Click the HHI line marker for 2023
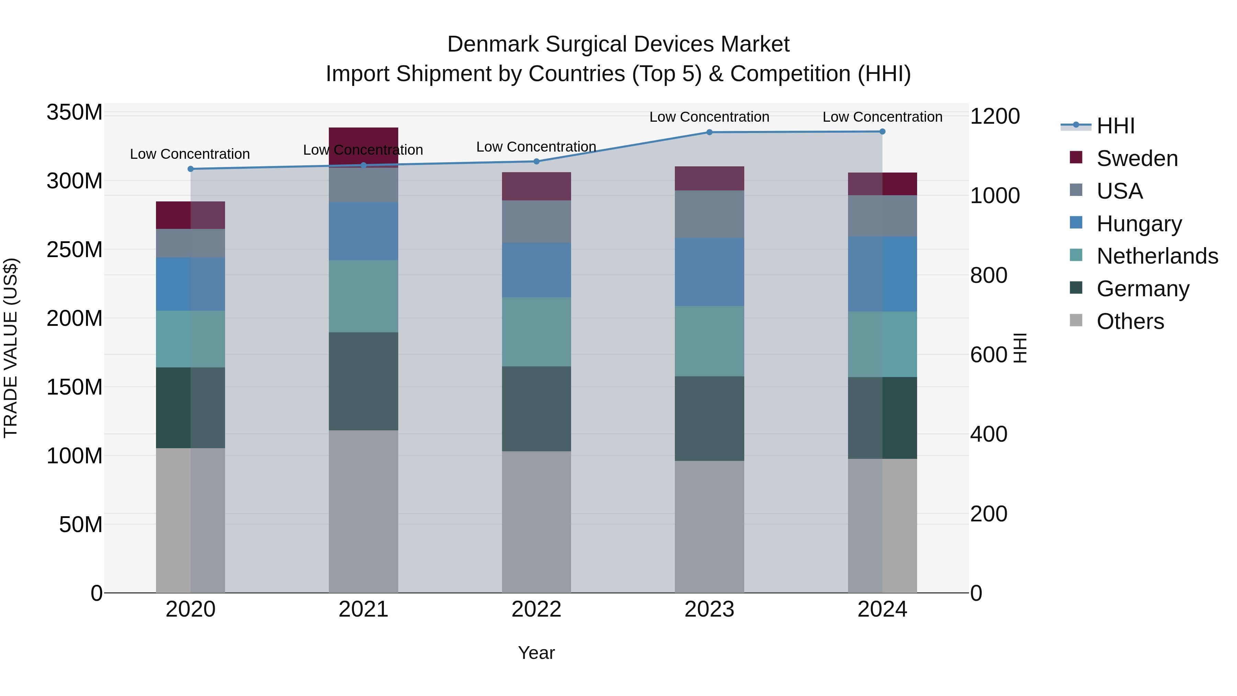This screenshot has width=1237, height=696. tap(709, 132)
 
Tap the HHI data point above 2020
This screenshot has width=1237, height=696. tap(191, 169)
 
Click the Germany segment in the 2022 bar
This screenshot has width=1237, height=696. tap(536, 409)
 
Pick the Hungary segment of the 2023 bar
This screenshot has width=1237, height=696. tap(709, 272)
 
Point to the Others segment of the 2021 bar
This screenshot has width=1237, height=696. tap(364, 511)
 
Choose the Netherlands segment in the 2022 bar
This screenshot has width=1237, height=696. tap(536, 332)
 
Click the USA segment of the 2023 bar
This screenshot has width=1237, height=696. tap(709, 214)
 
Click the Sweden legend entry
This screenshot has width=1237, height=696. tap(1137, 158)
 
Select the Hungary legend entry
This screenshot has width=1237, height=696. tap(1139, 224)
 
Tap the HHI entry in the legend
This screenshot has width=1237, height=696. tap(1115, 126)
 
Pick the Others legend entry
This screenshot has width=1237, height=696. tap(1130, 321)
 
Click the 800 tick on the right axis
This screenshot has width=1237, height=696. tap(988, 276)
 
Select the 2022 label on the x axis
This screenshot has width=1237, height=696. tap(536, 609)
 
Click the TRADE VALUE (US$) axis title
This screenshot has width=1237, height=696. tap(11, 348)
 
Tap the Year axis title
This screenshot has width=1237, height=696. tap(536, 653)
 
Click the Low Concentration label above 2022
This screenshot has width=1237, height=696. tap(536, 147)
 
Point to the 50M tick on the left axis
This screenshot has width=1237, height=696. tap(81, 524)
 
